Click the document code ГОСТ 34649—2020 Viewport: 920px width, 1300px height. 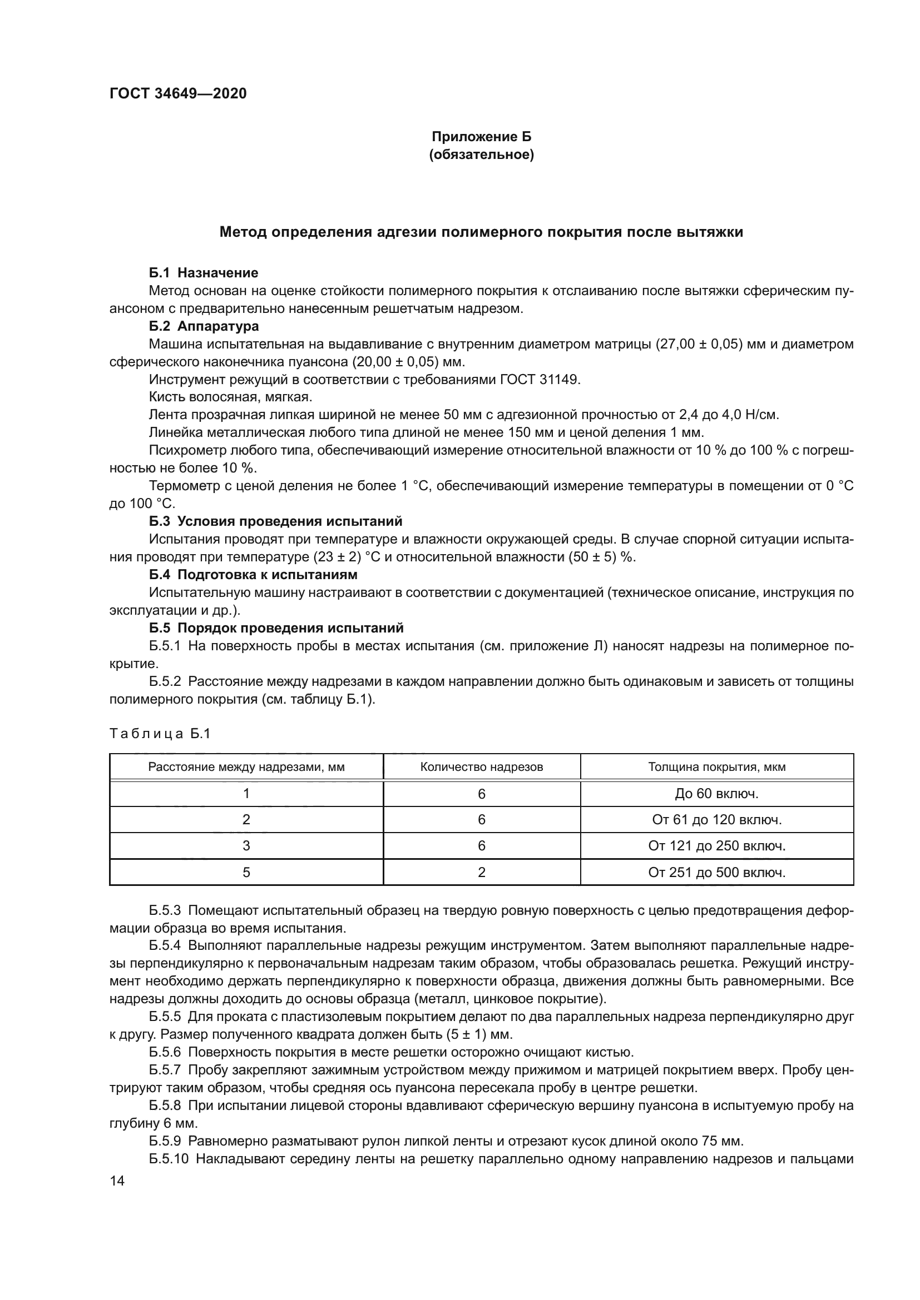pyautogui.click(x=178, y=93)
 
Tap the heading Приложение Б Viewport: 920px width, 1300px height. pyautogui.click(x=482, y=137)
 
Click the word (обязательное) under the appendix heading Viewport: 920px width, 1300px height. pyautogui.click(x=482, y=155)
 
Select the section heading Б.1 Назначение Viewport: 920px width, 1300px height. pyautogui.click(x=204, y=273)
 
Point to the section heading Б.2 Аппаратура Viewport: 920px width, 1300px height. pyautogui.click(x=204, y=326)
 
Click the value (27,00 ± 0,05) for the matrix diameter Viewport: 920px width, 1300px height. pyautogui.click(x=699, y=344)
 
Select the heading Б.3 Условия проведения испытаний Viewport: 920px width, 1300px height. pyautogui.click(x=275, y=521)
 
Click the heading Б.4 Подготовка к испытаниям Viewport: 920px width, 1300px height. pyautogui.click(x=253, y=575)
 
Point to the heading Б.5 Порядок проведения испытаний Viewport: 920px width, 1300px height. pyautogui.click(x=276, y=628)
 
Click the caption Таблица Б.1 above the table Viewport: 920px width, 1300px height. pyautogui.click(x=160, y=734)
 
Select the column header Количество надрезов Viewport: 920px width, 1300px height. pyautogui.click(x=482, y=767)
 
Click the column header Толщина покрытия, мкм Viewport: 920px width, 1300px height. pyautogui.click(x=716, y=767)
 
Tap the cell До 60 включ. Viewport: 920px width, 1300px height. pyautogui.click(x=716, y=794)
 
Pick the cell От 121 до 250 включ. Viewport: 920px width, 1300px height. pyautogui.click(x=716, y=846)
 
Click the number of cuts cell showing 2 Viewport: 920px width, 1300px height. pyautogui.click(x=482, y=873)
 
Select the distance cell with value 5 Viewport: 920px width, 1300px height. pyautogui.click(x=246, y=873)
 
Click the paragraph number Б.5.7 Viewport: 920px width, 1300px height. pyautogui.click(x=165, y=1070)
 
